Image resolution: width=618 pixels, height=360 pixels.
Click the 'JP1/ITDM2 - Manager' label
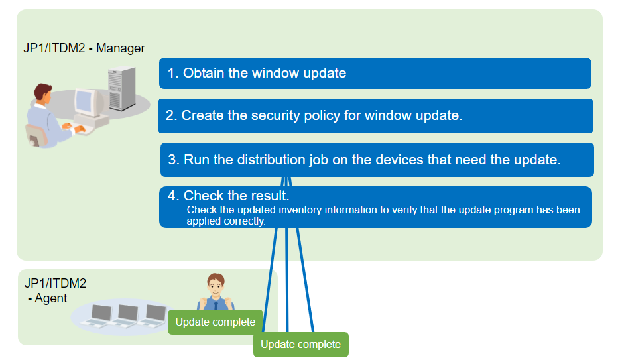pos(84,48)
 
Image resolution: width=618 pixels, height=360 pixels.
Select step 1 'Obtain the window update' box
pos(375,74)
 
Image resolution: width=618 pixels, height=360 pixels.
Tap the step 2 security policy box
pos(375,116)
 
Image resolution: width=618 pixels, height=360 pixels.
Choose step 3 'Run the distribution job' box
pos(377,160)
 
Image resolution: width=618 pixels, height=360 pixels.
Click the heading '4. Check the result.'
pos(229,196)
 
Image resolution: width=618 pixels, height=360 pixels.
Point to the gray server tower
pos(122,88)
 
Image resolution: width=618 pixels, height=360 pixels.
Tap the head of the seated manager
pos(42,93)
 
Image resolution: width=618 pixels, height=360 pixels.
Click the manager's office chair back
pos(36,135)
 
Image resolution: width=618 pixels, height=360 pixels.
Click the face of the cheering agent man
pos(216,286)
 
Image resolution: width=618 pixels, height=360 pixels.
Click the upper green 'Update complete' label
pos(216,322)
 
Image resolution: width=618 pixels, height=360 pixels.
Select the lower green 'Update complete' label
pos(301,345)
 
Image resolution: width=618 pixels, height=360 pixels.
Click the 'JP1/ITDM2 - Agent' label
pos(55,290)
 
